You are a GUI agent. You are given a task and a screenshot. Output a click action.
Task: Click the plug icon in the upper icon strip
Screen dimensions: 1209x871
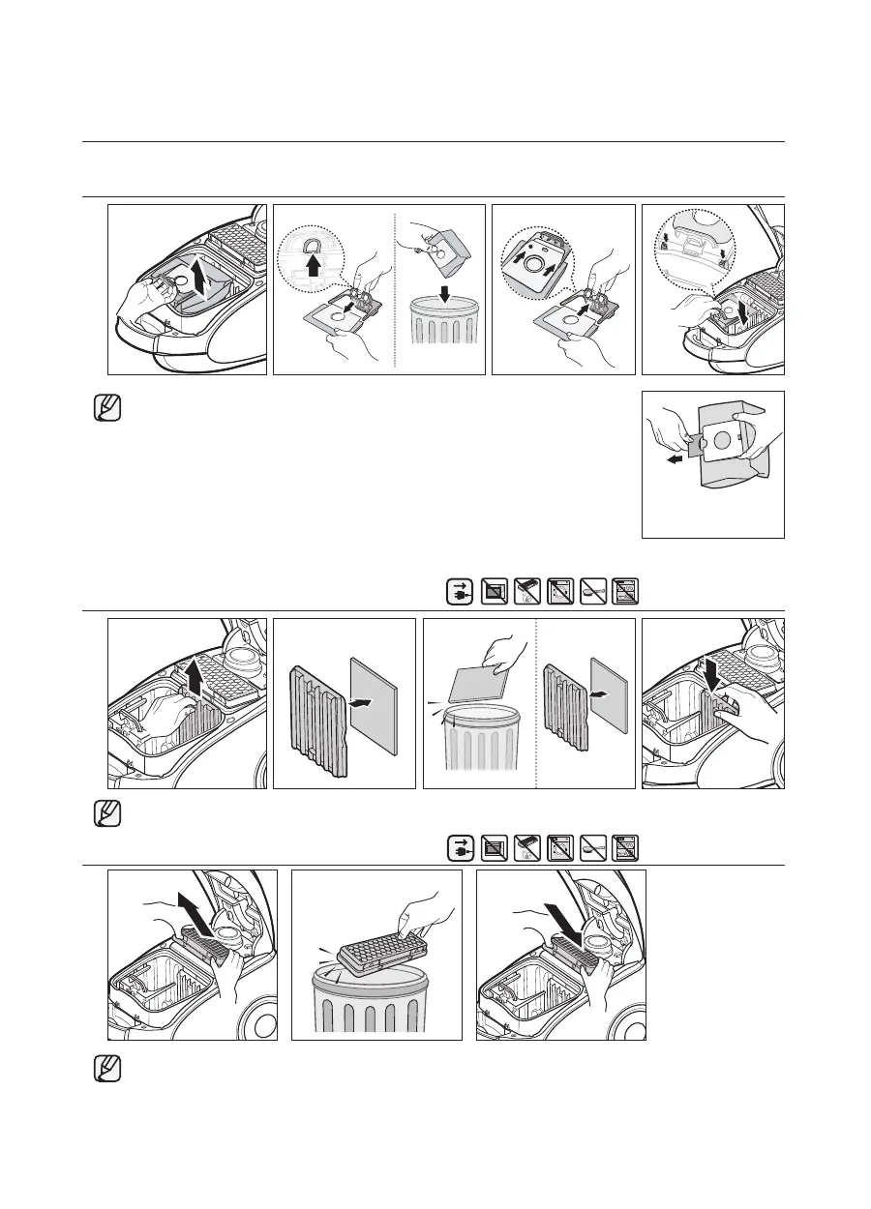point(459,592)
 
